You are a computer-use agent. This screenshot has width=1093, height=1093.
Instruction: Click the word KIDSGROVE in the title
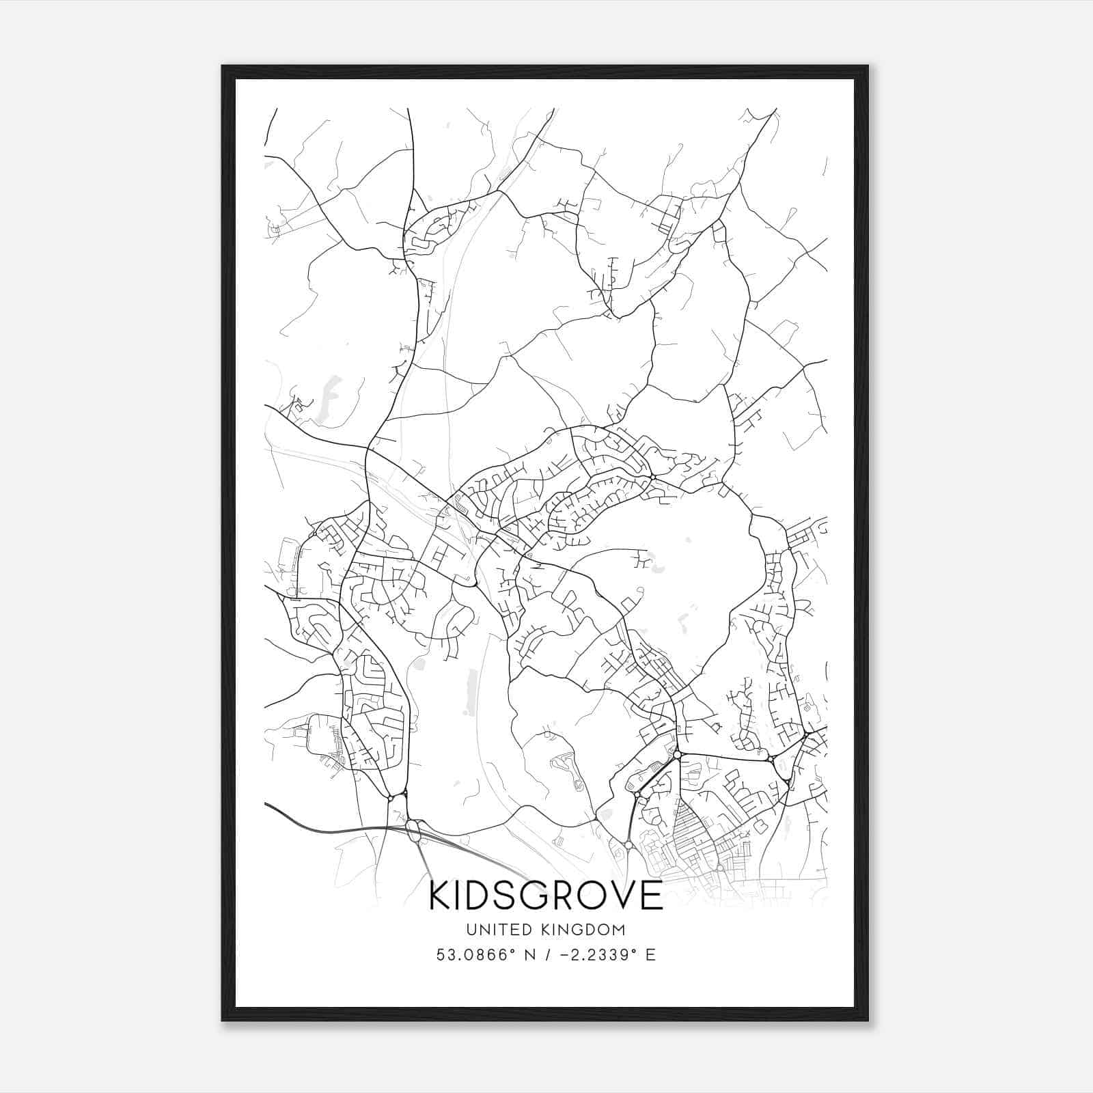tap(546, 896)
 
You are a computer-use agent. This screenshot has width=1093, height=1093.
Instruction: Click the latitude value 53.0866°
tap(474, 955)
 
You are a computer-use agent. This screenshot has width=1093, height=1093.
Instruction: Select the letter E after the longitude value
tap(650, 955)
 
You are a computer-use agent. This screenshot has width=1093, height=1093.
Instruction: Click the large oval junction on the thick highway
tap(413, 830)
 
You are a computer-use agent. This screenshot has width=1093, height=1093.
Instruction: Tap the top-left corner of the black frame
tap(223, 67)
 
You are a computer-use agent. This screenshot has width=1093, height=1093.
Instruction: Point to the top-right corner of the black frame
tap(868, 67)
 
